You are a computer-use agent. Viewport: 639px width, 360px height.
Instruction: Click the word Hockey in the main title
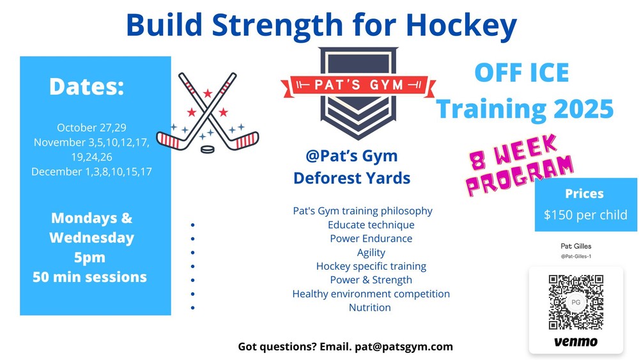[x=461, y=26]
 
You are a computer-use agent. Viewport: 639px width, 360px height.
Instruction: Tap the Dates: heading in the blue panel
[x=86, y=86]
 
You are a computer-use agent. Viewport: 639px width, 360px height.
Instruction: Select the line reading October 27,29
[x=91, y=128]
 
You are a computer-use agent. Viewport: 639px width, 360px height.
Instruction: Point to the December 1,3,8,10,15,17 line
[x=91, y=171]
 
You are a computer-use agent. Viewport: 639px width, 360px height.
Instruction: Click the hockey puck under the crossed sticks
[x=208, y=149]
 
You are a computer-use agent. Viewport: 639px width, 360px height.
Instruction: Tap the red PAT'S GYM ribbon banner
[x=358, y=85]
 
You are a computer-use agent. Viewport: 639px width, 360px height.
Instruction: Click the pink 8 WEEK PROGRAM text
[x=520, y=165]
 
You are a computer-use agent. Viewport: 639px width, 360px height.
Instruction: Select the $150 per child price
[x=585, y=215]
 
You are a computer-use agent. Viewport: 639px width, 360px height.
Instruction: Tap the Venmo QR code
[x=576, y=302]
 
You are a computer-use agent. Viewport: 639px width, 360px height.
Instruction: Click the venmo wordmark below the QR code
[x=576, y=341]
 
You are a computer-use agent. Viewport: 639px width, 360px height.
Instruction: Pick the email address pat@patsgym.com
[x=404, y=347]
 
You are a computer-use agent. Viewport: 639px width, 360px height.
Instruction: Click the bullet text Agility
[x=371, y=253]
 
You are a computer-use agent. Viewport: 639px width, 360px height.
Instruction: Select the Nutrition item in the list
[x=369, y=308]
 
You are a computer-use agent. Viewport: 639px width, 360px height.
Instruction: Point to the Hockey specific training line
[x=371, y=266]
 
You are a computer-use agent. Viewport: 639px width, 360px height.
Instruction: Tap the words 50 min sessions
[x=89, y=277]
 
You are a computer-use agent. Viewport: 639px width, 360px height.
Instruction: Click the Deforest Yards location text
[x=351, y=178]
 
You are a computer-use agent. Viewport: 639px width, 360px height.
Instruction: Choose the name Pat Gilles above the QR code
[x=576, y=246]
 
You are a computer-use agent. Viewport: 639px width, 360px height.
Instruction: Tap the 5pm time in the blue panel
[x=89, y=258]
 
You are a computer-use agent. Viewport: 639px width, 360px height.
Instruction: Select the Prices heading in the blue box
[x=585, y=194]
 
